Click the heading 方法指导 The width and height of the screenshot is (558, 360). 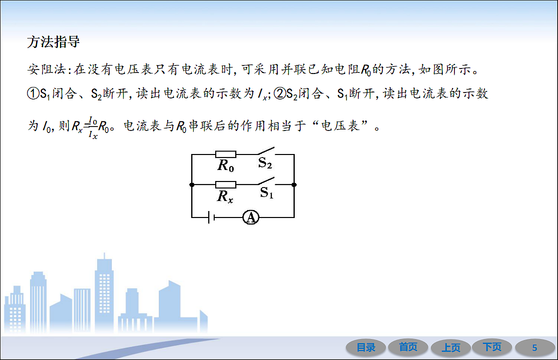[x=53, y=42]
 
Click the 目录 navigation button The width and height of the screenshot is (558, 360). [x=366, y=347]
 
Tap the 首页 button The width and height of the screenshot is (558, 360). [x=408, y=347]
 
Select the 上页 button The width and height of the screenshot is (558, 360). [x=450, y=347]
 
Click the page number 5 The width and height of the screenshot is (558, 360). [x=534, y=347]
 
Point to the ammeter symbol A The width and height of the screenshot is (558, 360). [x=251, y=217]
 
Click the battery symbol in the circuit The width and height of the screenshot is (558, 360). [x=211, y=217]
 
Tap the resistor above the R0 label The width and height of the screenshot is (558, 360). [x=226, y=154]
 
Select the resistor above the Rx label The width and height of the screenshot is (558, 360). [x=226, y=184]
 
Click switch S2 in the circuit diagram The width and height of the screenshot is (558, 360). [x=266, y=151]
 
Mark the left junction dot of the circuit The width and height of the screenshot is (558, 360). [x=192, y=184]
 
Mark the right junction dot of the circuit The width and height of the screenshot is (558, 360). [x=294, y=184]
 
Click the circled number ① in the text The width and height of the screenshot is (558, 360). [x=33, y=93]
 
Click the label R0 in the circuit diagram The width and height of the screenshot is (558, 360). [x=226, y=166]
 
